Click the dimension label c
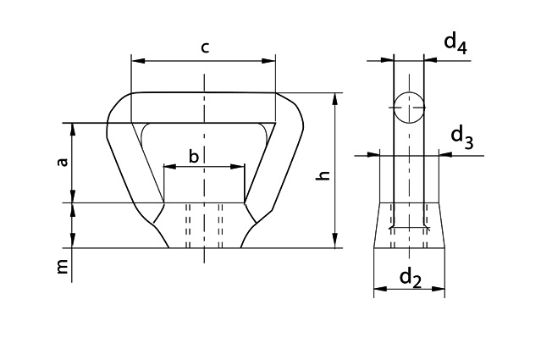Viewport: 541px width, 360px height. coord(205,47)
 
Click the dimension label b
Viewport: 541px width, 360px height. coord(194,157)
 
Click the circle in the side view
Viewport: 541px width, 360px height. coord(409,108)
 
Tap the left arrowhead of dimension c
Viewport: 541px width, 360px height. coord(136,61)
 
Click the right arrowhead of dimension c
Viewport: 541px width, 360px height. coord(271,61)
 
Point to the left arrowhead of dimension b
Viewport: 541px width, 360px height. coord(168,167)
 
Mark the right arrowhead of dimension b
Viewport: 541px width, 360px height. coord(240,167)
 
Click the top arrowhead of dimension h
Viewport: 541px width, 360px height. coord(336,97)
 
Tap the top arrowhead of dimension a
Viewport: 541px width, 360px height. coord(74,128)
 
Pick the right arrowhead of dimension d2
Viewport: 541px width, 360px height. coord(440,289)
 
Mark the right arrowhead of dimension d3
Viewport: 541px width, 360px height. coord(444,154)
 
